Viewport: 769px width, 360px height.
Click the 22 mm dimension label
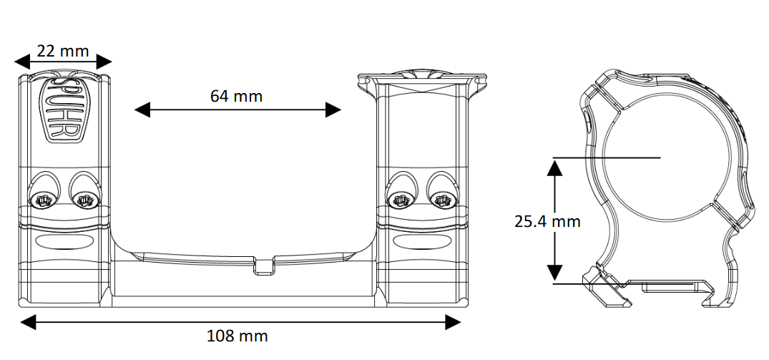click(63, 51)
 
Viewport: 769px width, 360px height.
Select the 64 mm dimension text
click(236, 96)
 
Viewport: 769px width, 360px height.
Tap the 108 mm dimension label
click(237, 336)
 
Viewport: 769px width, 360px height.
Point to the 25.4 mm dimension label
click(547, 221)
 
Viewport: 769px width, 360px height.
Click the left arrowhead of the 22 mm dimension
click(22, 62)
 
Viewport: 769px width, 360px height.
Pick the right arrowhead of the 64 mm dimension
click(333, 110)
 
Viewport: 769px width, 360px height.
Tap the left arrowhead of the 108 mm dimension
click(28, 322)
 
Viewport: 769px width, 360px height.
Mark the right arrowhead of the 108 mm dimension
click(453, 322)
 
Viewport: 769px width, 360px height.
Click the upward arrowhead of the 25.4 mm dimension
click(554, 167)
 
